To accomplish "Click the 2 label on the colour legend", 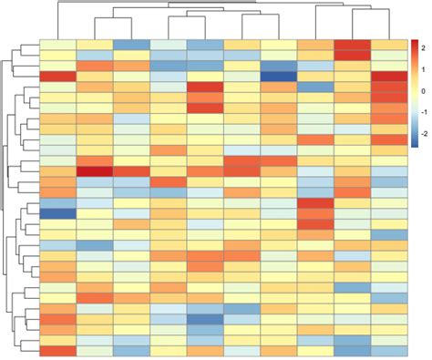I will pyautogui.click(x=423, y=48).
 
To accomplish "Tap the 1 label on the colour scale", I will pyautogui.click(x=423, y=70).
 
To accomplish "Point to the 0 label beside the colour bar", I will pyautogui.click(x=423, y=92).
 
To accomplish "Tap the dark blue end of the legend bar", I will pyautogui.click(x=415, y=143).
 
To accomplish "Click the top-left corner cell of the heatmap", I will pyautogui.click(x=57, y=46).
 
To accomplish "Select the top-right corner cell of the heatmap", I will pyautogui.click(x=389, y=46).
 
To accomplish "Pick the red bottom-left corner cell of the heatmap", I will pyautogui.click(x=57, y=351).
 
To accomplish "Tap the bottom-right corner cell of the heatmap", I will pyautogui.click(x=389, y=351).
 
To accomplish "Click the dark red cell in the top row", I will pyautogui.click(x=352, y=46).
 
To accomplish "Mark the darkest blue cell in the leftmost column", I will pyautogui.click(x=57, y=213).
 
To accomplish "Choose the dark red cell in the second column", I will pyautogui.click(x=94, y=170).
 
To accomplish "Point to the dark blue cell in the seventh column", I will pyautogui.click(x=278, y=77).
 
